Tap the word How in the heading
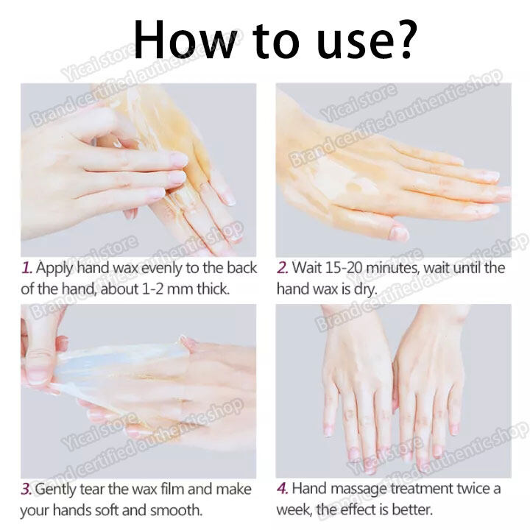point(185,39)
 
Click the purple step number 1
point(26,268)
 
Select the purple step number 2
point(282,268)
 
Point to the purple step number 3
point(26,489)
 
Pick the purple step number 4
point(282,489)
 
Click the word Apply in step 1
point(54,269)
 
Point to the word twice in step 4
point(473,489)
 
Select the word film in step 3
point(173,489)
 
